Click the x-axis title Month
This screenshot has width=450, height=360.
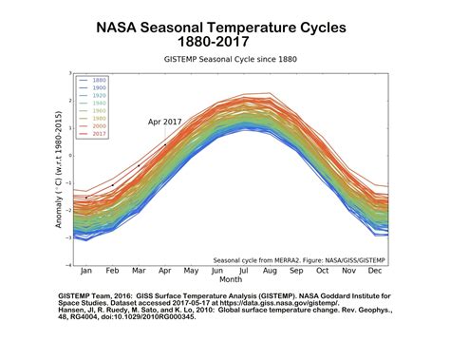point(231,280)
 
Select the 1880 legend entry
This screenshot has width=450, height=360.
point(98,81)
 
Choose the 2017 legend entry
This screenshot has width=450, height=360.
point(98,134)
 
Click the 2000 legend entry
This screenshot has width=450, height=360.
point(98,126)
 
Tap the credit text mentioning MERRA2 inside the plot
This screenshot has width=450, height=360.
point(298,259)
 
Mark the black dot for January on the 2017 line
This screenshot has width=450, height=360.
point(86,198)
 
